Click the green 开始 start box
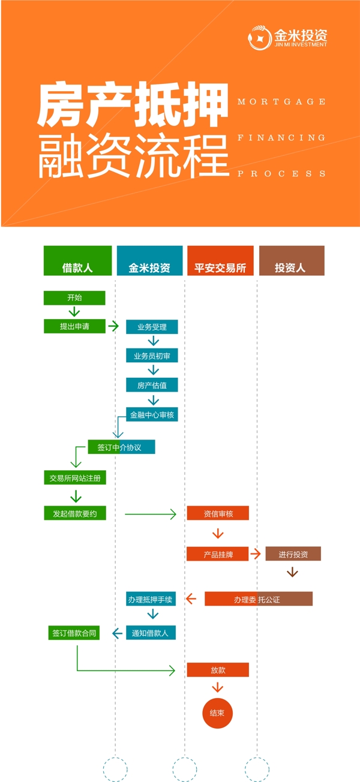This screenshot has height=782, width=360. (74, 298)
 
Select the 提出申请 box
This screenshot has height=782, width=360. (74, 326)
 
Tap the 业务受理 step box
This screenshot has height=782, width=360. (152, 327)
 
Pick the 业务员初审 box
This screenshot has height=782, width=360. (152, 356)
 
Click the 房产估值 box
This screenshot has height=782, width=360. (152, 385)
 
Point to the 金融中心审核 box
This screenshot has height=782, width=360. (152, 414)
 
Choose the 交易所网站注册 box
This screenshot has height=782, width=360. (75, 478)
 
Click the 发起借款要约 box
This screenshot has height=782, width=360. (75, 513)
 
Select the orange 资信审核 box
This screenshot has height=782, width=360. (218, 513)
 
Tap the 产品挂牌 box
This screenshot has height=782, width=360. (218, 555)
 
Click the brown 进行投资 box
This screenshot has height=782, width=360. (293, 554)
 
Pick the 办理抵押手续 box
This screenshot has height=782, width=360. (151, 598)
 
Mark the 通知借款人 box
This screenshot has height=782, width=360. (151, 633)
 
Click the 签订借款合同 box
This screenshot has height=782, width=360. (74, 633)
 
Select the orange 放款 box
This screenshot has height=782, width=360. (218, 670)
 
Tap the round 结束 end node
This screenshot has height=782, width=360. (217, 713)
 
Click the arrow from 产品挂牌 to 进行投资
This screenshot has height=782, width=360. (256, 554)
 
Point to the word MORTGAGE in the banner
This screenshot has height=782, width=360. (281, 102)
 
